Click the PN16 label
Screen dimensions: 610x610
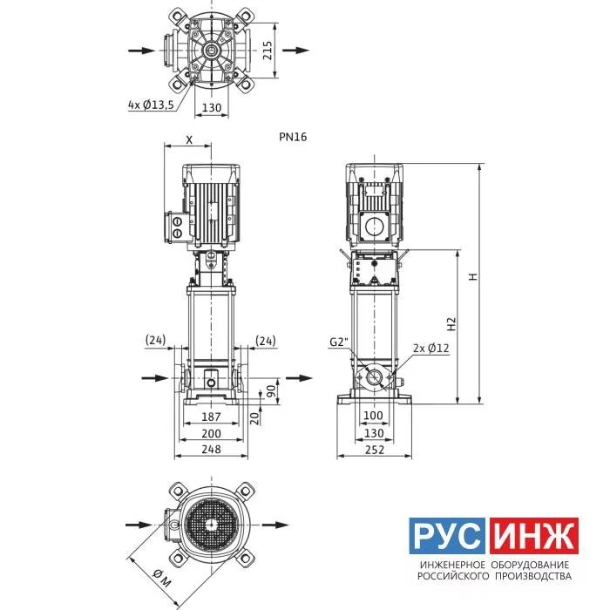tap(293, 137)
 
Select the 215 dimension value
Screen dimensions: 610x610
tap(268, 51)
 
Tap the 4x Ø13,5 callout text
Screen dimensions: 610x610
tap(152, 105)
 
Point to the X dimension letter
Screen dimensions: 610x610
tap(189, 140)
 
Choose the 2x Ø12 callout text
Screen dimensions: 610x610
tap(431, 348)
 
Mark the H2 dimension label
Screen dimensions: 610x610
tap(451, 324)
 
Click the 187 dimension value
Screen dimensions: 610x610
tap(211, 417)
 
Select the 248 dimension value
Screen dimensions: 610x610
tap(211, 450)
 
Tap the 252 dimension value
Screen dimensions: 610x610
tap(375, 450)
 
